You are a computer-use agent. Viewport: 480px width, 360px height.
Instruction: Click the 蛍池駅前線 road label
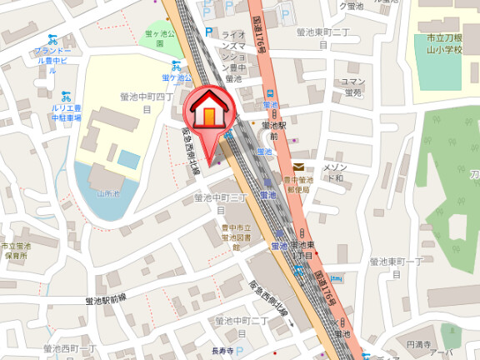click(111, 299)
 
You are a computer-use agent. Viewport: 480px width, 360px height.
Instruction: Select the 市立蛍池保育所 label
click(15, 251)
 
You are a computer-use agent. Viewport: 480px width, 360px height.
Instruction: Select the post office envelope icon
click(297, 167)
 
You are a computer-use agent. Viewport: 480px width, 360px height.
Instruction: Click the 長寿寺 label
click(222, 351)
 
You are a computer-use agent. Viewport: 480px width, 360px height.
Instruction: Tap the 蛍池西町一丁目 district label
click(71, 347)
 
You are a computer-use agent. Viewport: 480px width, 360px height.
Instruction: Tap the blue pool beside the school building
click(128, 158)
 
